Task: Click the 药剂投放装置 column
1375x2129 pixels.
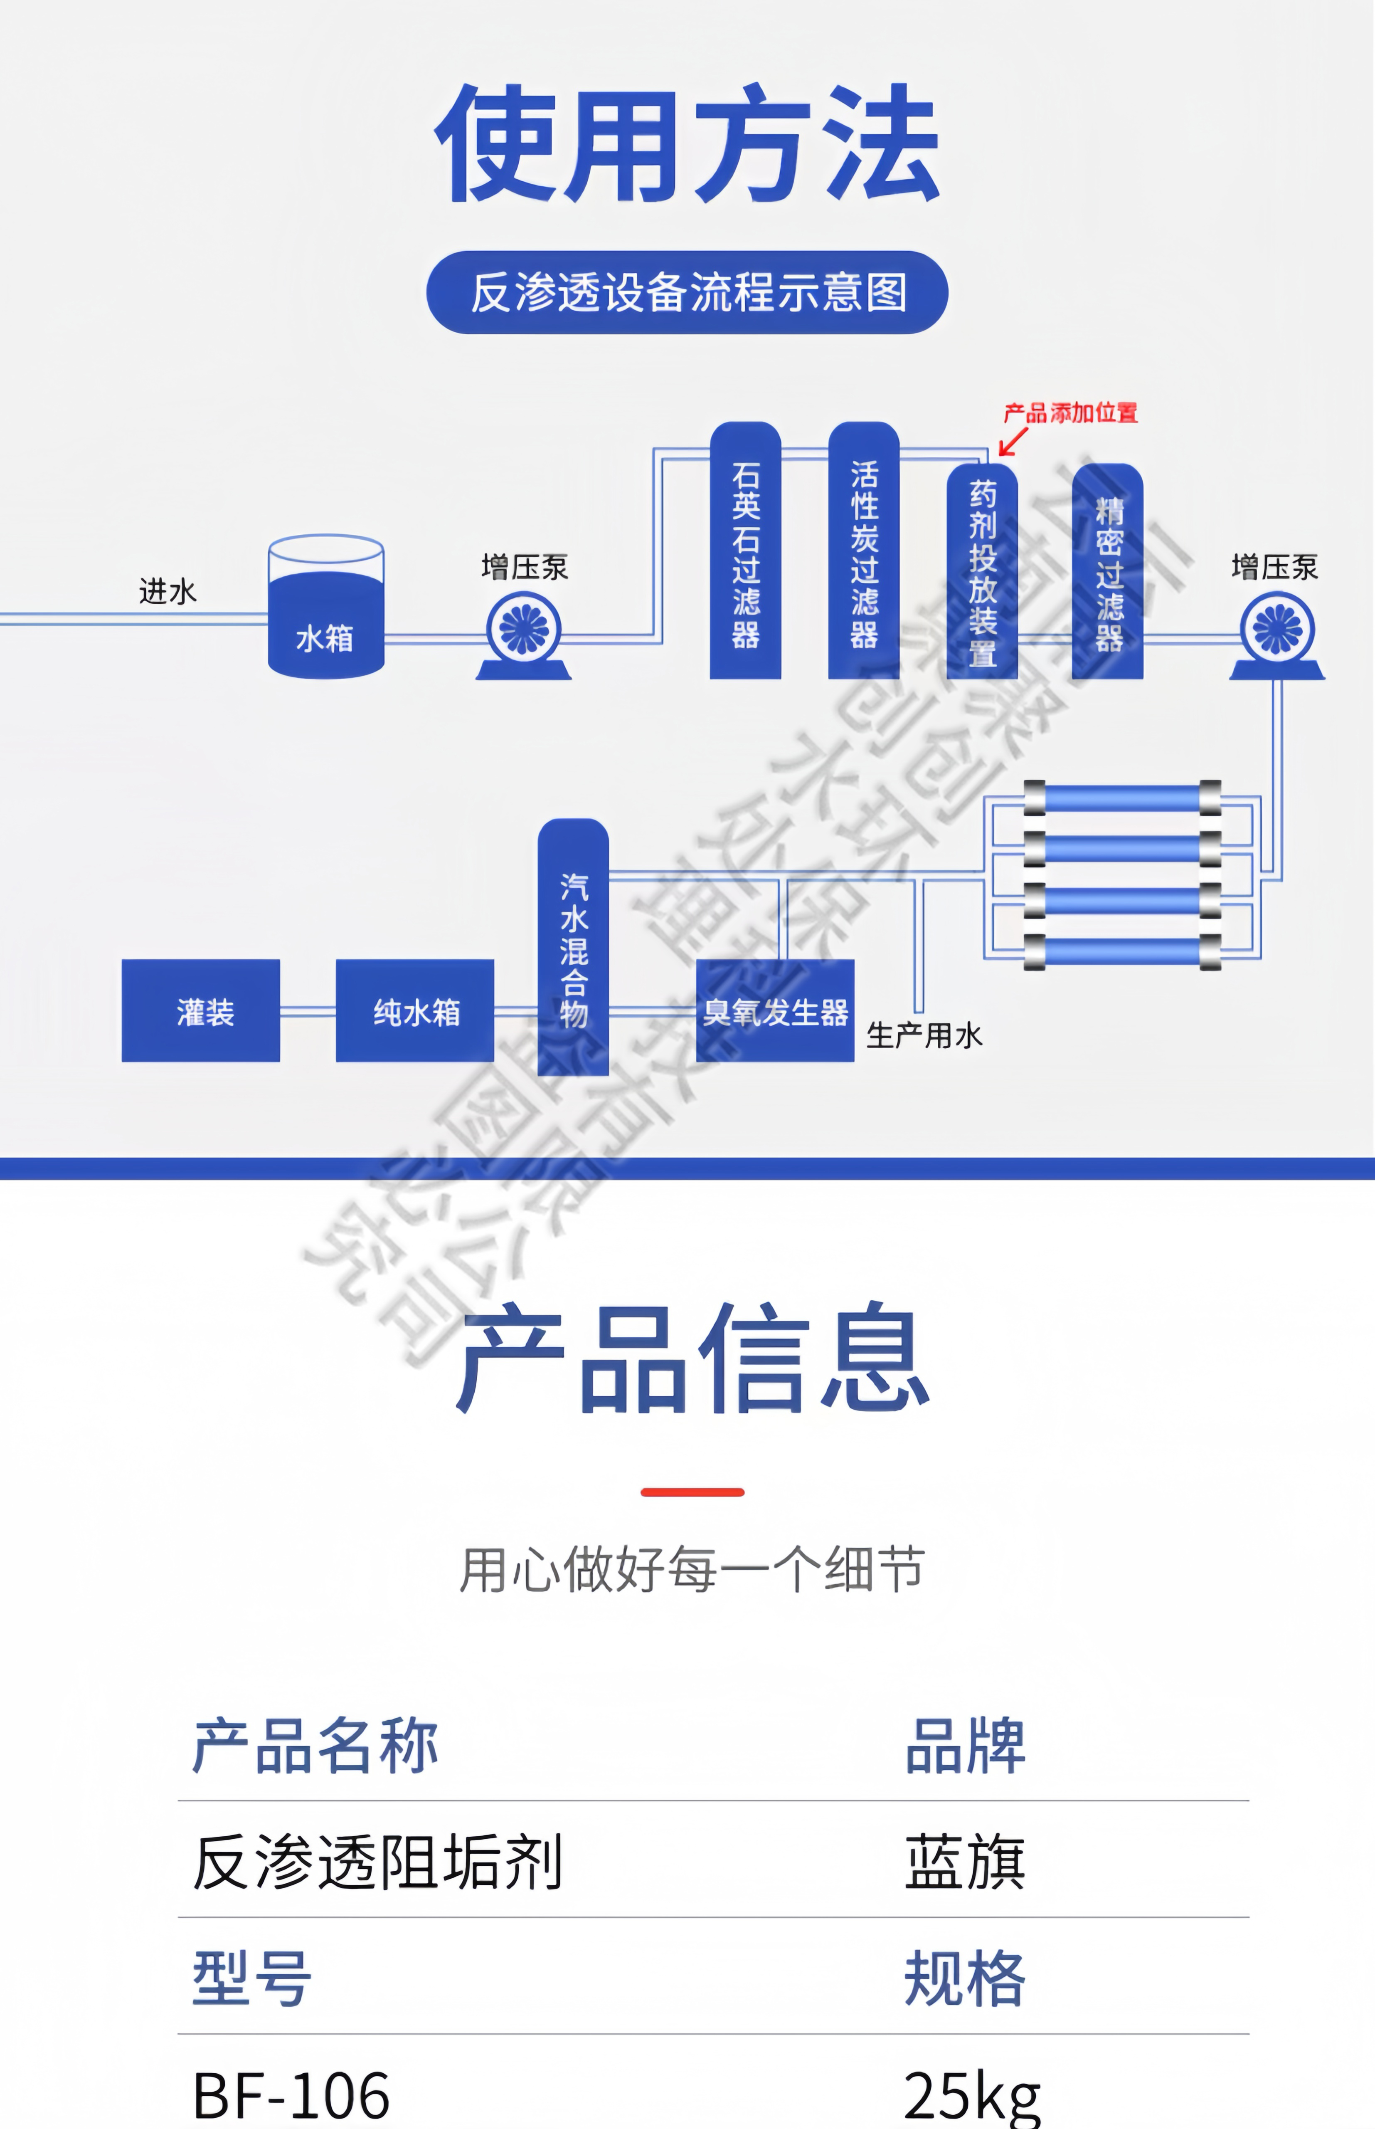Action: click(x=982, y=571)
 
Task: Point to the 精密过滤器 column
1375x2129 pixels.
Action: click(x=1107, y=571)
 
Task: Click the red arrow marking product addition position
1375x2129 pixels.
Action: click(x=1013, y=441)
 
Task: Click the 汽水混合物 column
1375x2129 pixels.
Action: click(x=573, y=947)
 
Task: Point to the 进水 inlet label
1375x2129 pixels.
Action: click(x=168, y=591)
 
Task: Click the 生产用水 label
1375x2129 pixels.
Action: click(x=924, y=1036)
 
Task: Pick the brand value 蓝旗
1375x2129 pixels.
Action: click(x=964, y=1862)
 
